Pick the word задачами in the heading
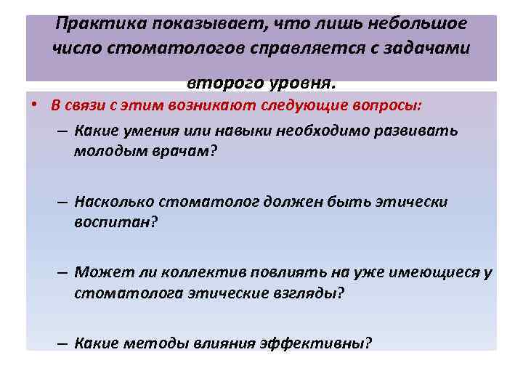[x=429, y=49]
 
